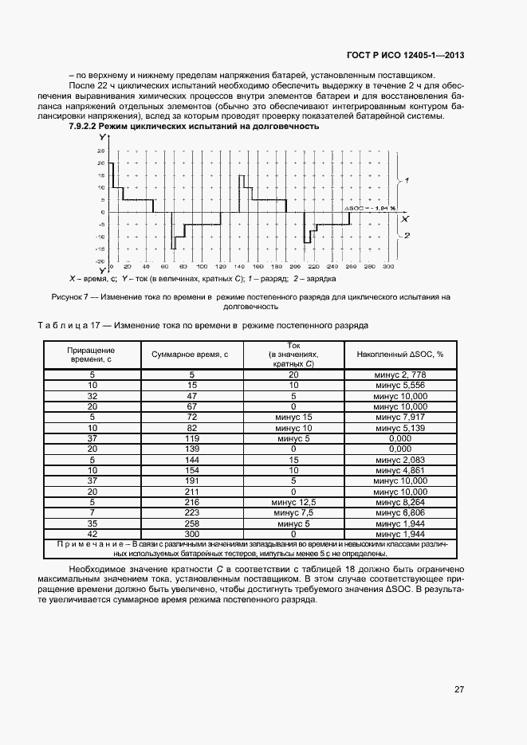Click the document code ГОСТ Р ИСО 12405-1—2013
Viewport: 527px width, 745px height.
coord(406,55)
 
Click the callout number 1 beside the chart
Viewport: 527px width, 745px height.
coord(407,181)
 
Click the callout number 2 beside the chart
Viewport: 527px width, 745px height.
coord(407,236)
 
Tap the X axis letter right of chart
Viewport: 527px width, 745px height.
coord(405,217)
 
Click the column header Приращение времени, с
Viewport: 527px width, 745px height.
coord(92,355)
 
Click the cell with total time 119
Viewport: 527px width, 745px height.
coord(191,438)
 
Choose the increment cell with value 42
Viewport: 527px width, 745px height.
coord(92,533)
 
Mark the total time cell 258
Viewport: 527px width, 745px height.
coord(191,524)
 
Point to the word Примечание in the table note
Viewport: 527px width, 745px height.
coord(87,543)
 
